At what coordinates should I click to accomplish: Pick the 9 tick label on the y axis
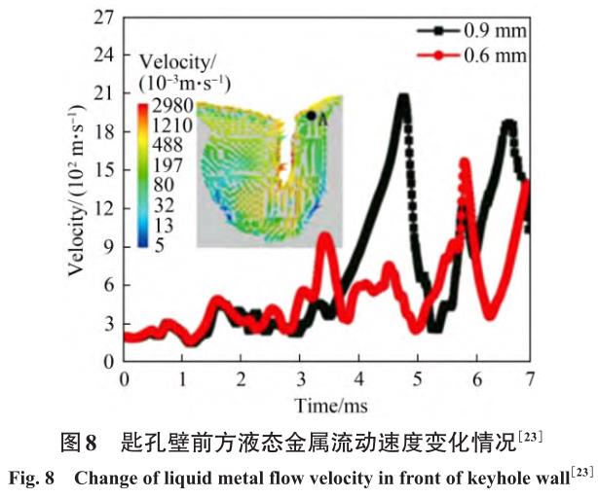[x=103, y=247]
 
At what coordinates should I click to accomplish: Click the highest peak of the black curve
[x=402, y=97]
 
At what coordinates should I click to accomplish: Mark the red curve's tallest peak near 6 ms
[x=465, y=162]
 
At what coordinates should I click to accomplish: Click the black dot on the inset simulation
[x=311, y=116]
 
